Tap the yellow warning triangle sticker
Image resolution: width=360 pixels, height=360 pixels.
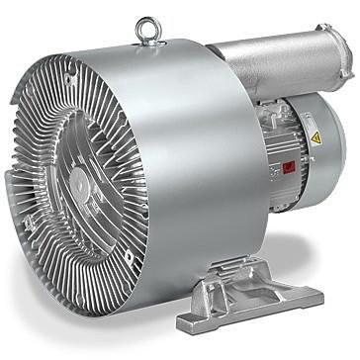pos(316,137)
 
